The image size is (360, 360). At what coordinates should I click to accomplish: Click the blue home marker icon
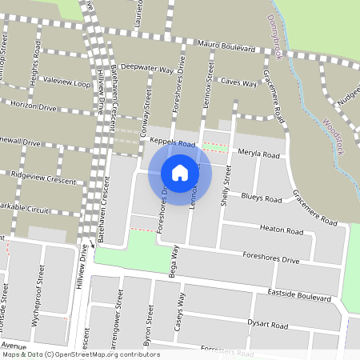point(180,173)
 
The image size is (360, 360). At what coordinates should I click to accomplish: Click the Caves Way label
point(238,82)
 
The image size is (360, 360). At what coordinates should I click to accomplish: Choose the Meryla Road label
point(258,154)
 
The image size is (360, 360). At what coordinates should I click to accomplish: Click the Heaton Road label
point(282,230)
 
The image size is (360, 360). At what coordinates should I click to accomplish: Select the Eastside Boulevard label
point(299,296)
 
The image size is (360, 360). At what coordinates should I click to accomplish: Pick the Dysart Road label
point(268,326)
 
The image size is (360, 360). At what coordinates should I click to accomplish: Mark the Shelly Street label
point(226,186)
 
